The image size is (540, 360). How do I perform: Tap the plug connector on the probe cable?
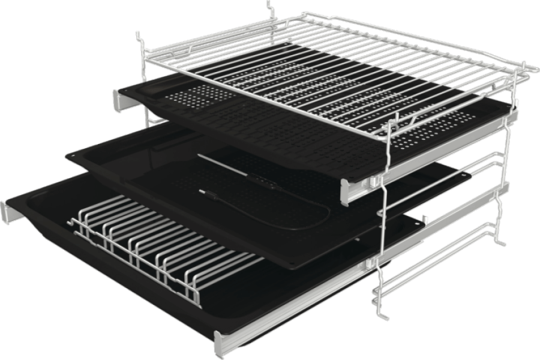point(205,193)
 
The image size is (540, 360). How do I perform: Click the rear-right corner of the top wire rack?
point(534,66)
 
